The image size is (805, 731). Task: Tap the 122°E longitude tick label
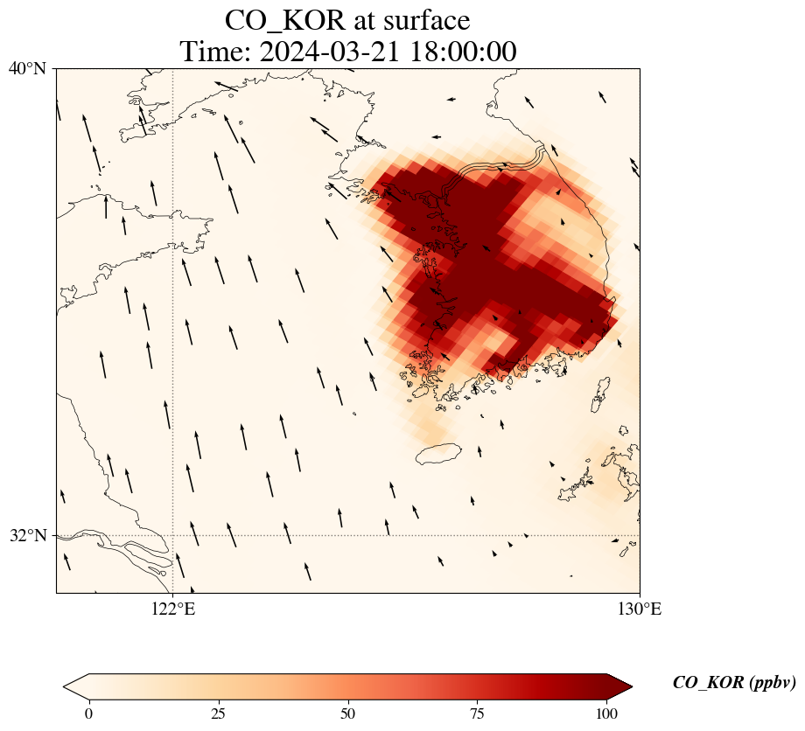click(x=172, y=609)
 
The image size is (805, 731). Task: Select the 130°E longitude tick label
click(x=640, y=609)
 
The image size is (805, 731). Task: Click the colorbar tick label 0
click(x=88, y=714)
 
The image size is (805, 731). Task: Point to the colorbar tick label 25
click(x=218, y=714)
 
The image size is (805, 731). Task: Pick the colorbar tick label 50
click(x=348, y=714)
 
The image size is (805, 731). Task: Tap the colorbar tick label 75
click(x=478, y=714)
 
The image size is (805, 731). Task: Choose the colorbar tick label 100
click(x=607, y=714)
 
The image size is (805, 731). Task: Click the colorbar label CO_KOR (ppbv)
click(x=733, y=683)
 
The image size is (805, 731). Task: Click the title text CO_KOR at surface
click(x=347, y=20)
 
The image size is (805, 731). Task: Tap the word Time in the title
click(x=206, y=52)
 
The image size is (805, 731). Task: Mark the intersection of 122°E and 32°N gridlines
click(x=172, y=535)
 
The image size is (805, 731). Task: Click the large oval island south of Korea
click(x=437, y=454)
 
